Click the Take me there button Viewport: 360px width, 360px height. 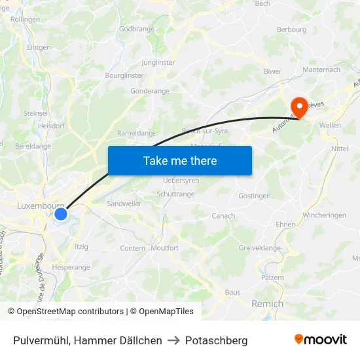[180, 160]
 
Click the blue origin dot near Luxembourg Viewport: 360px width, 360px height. [61, 214]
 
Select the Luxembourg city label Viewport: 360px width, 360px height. [36, 206]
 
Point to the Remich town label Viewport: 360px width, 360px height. [268, 304]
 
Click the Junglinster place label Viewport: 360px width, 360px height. [158, 63]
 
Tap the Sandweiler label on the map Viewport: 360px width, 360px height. [124, 204]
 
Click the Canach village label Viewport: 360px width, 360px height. [223, 216]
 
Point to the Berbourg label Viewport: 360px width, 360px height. [291, 29]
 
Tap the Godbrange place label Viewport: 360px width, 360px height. [137, 29]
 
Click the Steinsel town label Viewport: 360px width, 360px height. [35, 113]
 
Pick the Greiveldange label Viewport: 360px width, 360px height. [259, 247]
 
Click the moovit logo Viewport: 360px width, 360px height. [321, 340]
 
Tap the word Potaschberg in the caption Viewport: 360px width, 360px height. [216, 340]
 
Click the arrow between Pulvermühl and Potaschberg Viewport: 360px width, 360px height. [173, 340]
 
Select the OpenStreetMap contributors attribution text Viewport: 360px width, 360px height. [69, 312]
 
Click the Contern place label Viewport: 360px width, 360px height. [133, 248]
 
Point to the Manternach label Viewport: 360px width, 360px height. [321, 69]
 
